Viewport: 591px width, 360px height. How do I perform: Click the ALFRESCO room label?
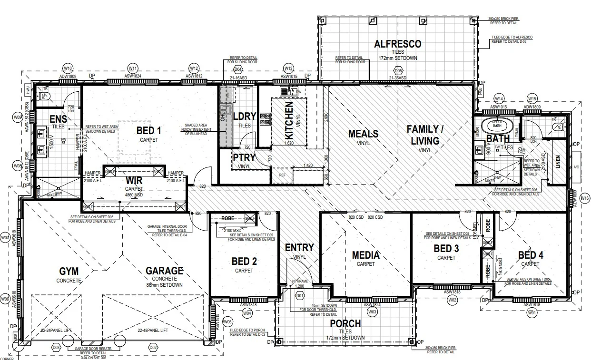[397, 44]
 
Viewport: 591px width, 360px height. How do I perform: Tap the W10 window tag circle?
[68, 68]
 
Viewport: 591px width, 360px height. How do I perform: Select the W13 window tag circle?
[288, 68]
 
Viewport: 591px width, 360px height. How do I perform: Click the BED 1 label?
[149, 131]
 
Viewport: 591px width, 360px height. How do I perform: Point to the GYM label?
[69, 271]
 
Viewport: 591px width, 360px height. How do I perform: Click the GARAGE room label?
[164, 271]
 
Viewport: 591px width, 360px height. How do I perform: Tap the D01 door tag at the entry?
[300, 296]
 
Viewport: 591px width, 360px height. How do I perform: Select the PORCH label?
[345, 324]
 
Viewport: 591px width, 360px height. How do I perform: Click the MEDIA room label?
[365, 255]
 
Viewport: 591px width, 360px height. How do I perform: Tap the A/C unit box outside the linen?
[577, 167]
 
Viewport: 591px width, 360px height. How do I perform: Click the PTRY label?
[244, 157]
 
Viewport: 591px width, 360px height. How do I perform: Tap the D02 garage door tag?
[153, 348]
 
